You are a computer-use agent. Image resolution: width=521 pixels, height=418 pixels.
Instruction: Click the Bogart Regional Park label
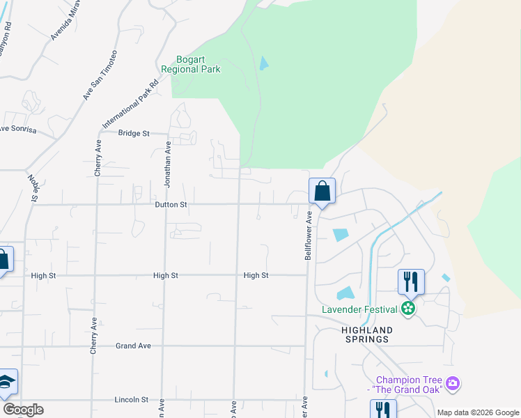coord(190,64)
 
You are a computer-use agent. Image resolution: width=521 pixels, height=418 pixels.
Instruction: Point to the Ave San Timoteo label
coord(100,75)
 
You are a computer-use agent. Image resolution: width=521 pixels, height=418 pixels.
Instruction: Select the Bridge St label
coord(134,132)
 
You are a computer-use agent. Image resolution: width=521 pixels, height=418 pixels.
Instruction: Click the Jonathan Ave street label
coord(167,164)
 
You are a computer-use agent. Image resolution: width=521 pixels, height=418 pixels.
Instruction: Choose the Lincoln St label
coord(132,400)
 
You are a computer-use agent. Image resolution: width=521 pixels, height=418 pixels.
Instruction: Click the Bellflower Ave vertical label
coord(308,237)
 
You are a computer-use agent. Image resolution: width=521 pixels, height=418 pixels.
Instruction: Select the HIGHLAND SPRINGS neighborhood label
coord(366,334)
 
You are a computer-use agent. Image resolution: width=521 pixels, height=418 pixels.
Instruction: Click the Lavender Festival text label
coord(359,309)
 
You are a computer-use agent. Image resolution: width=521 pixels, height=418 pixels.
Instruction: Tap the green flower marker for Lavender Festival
coord(409,309)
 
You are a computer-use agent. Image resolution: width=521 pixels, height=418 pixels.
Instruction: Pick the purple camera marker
coord(453,383)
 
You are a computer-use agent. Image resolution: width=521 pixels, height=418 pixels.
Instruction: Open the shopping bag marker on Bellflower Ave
coord(322,191)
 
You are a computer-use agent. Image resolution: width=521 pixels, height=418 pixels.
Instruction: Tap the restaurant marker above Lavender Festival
coord(410,281)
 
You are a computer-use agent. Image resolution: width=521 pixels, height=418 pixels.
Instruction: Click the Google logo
coord(23,410)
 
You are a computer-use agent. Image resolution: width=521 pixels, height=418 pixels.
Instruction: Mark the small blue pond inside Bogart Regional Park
coord(263,63)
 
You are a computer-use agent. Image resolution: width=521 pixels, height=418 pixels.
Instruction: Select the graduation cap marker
coord(6,382)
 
